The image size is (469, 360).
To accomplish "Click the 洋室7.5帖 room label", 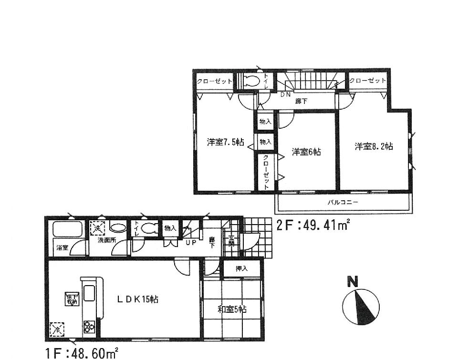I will coord(226,142).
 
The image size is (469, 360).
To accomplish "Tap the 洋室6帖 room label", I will coord(306,152).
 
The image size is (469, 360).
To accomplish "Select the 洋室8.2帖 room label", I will coord(374,147).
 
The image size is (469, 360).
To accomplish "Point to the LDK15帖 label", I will coord(138,299).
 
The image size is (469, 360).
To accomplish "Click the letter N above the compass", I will coord(353,282).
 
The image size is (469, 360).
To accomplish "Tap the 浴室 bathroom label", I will coord(62,247).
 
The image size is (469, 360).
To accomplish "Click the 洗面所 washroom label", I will coord(107,240).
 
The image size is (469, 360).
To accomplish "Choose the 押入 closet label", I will coord(242,269).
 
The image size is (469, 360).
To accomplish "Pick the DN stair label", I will coord(285,94).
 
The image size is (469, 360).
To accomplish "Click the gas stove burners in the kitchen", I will coord(89,327).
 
